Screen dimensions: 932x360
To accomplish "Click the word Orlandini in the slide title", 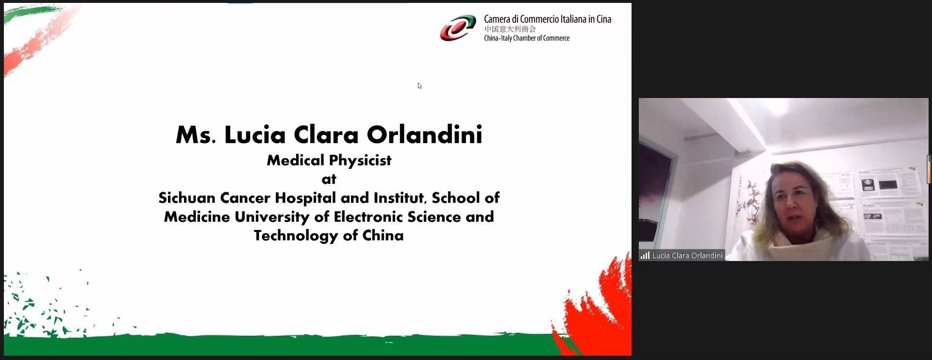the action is click(x=425, y=134).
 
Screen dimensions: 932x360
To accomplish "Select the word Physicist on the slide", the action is click(x=360, y=161).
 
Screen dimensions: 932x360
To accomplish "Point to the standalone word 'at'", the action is click(x=329, y=180).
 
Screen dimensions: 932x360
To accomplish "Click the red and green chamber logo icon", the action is click(x=458, y=28).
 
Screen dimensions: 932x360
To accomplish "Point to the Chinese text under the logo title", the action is click(x=510, y=29).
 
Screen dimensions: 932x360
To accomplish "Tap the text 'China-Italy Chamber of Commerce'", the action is click(x=527, y=38).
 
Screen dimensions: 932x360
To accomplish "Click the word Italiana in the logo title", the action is click(x=573, y=19).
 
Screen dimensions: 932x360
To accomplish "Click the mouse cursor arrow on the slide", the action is click(x=419, y=86).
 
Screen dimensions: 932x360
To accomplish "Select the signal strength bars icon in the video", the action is click(x=645, y=255).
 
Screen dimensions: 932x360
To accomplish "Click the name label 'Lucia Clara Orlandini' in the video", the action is click(x=687, y=255).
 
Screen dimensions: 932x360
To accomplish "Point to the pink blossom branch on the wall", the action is click(x=748, y=201).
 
